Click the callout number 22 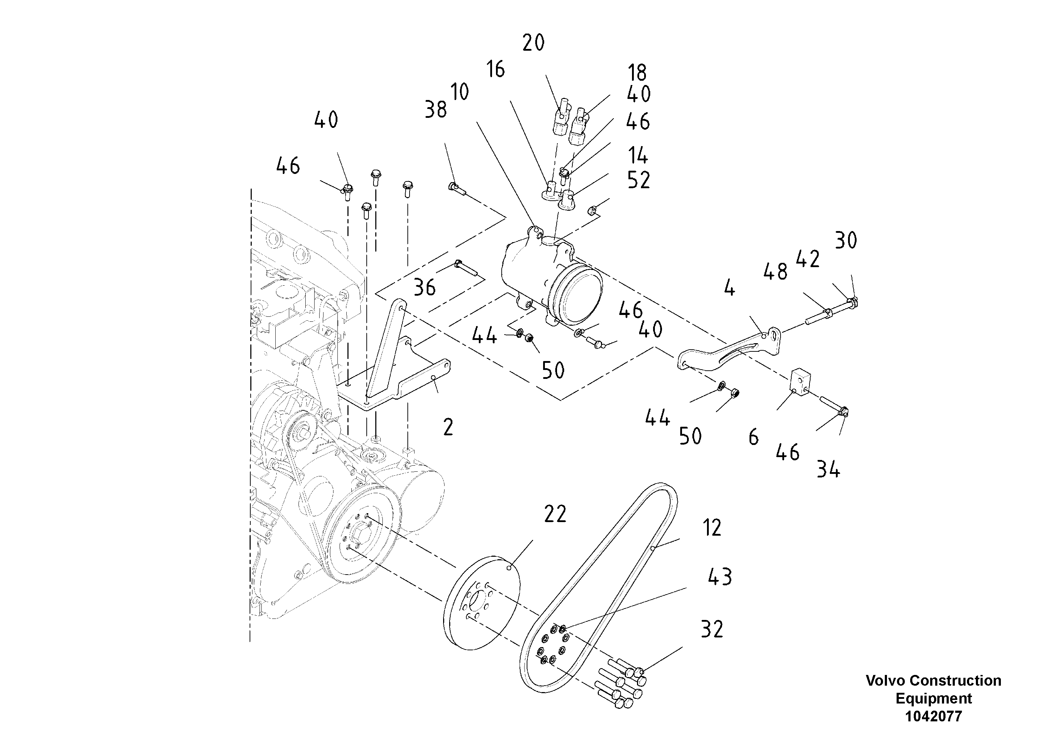pyautogui.click(x=555, y=514)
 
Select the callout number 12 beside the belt pyautogui.click(x=712, y=528)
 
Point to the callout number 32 pyautogui.click(x=712, y=629)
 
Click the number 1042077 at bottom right pyautogui.click(x=933, y=716)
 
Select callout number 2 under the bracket pyautogui.click(x=448, y=427)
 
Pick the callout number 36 pyautogui.click(x=425, y=287)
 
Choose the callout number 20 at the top pyautogui.click(x=533, y=43)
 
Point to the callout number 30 pyautogui.click(x=846, y=240)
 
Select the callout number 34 pyautogui.click(x=828, y=470)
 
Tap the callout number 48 pyautogui.click(x=776, y=272)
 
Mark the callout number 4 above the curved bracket pyautogui.click(x=729, y=289)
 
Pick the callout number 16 pyautogui.click(x=495, y=69)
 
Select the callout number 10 pyautogui.click(x=460, y=92)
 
